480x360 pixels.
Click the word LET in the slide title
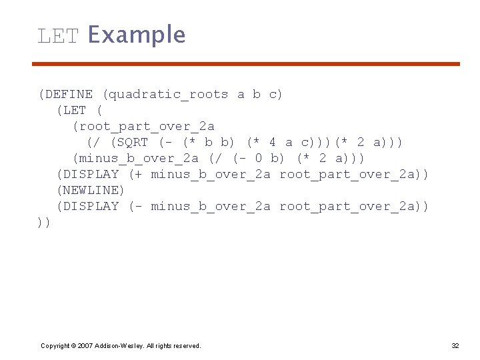click(58, 35)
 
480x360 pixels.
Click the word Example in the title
click(136, 35)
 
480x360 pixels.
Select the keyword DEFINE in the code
click(69, 95)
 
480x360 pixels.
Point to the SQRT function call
click(131, 143)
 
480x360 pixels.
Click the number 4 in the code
click(272, 143)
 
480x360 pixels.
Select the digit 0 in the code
click(258, 159)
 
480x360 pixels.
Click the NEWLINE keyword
click(91, 191)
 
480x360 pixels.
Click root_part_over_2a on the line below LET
click(143, 127)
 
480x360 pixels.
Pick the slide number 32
click(455, 345)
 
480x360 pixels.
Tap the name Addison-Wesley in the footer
click(117, 345)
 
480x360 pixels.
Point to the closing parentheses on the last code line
click(44, 223)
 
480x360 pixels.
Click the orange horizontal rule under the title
click(247, 64)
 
